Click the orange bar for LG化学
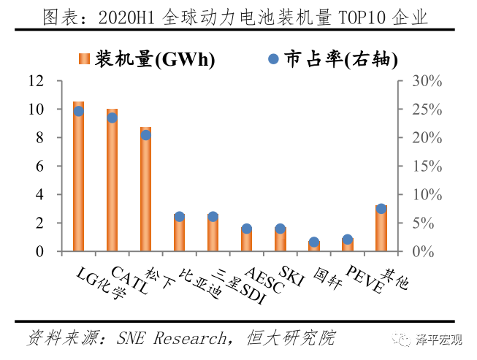coord(78,179)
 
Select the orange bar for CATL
coord(112,183)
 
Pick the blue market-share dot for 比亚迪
coord(180,217)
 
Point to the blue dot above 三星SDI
coord(213,217)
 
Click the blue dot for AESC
coord(247,229)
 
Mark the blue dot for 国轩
coord(314,242)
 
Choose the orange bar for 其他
coord(381,229)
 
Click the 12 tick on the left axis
coord(37,81)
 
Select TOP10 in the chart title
coord(359,18)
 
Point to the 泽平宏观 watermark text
coord(439,339)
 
